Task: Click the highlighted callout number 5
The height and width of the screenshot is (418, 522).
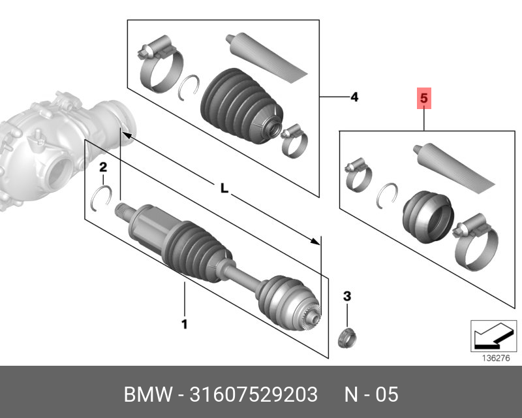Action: [423, 99]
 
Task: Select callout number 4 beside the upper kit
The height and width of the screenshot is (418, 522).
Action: [354, 97]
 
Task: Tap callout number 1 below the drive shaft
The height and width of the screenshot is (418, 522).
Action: [184, 323]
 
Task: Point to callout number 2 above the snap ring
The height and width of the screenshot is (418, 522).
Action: [102, 169]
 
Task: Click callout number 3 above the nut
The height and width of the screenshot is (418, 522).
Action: [347, 297]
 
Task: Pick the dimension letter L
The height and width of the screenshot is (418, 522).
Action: [223, 189]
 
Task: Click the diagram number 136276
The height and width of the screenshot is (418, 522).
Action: [493, 358]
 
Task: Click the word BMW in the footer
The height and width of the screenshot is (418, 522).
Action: [145, 394]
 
